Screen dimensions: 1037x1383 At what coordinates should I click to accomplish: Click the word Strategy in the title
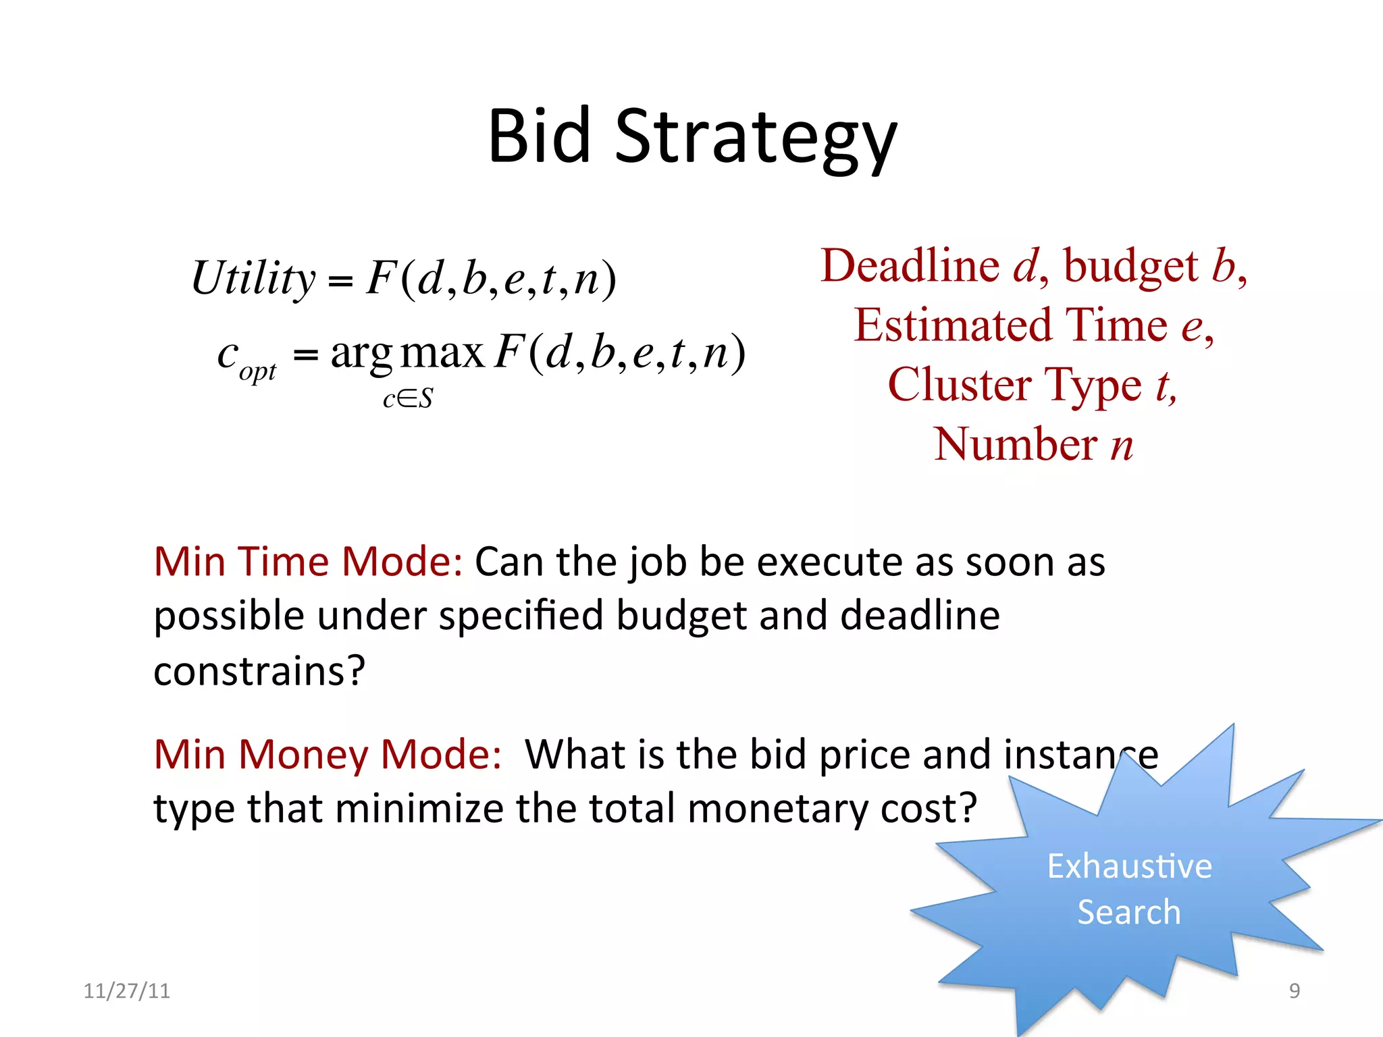[x=756, y=138]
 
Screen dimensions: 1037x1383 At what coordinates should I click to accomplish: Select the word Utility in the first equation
[x=253, y=278]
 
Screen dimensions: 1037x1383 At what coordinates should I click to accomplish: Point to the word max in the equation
[x=442, y=352]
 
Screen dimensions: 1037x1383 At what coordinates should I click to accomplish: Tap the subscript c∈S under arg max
[x=408, y=399]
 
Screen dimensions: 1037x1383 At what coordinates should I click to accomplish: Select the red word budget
[x=1130, y=267]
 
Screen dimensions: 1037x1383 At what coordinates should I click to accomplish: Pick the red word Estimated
[x=953, y=325]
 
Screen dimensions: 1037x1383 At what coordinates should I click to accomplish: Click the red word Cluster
[x=959, y=385]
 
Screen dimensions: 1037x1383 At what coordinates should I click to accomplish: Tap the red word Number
[x=1016, y=444]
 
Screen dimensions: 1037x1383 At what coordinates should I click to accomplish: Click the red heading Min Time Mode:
[x=308, y=562]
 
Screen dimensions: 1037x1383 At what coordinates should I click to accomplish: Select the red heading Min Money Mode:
[x=328, y=754]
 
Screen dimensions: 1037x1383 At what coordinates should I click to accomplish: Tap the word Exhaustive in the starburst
[x=1129, y=866]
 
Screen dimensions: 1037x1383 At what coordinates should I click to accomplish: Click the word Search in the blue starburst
[x=1128, y=912]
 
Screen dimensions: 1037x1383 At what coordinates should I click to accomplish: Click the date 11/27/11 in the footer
[x=126, y=991]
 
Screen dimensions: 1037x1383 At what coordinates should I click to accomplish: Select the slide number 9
[x=1294, y=991]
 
